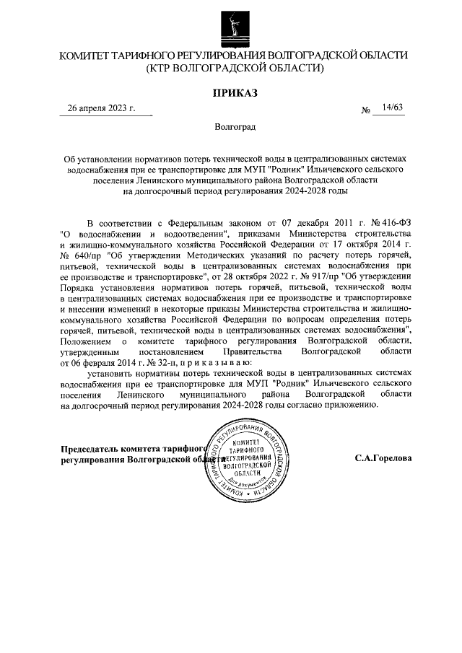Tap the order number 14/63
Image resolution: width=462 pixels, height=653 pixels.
(x=393, y=108)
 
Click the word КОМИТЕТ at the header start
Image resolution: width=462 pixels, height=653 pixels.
(x=85, y=56)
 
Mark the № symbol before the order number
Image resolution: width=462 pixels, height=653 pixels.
(x=366, y=110)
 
